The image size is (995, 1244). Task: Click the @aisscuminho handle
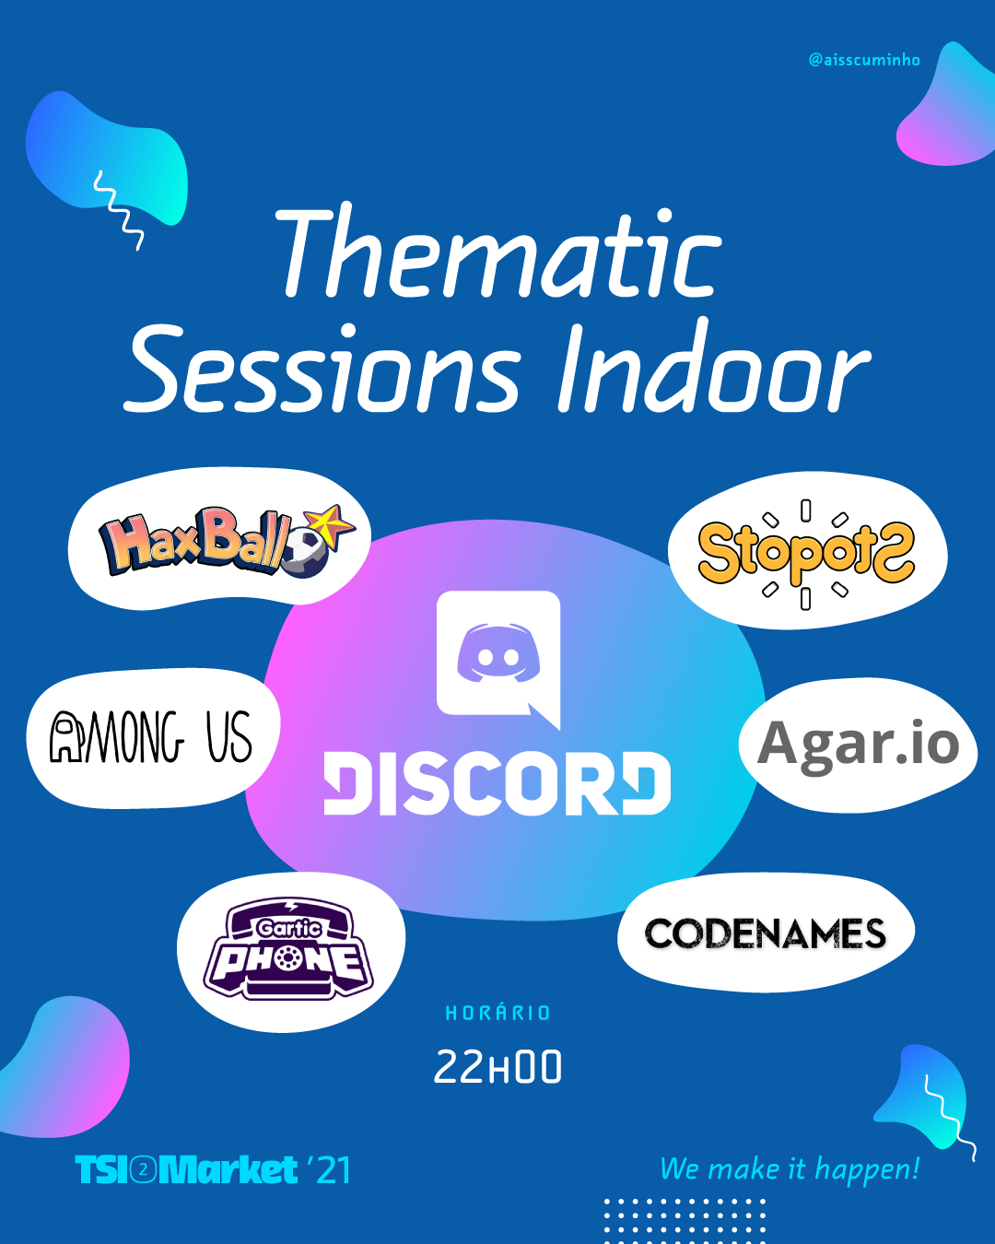(864, 60)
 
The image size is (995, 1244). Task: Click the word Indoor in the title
(715, 364)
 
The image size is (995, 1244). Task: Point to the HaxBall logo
(227, 541)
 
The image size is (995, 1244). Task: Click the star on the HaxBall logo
(331, 524)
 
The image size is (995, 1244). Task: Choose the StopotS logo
(806, 555)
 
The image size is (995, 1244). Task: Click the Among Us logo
(151, 736)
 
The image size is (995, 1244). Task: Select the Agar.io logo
(858, 745)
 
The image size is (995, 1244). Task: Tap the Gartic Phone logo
(288, 949)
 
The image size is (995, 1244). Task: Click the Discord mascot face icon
(498, 653)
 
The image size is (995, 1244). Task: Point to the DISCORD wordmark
(497, 783)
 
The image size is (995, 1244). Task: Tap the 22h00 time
(497, 1066)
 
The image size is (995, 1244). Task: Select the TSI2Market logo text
(186, 1170)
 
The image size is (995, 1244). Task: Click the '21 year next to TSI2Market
(329, 1170)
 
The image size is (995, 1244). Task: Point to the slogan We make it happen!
(790, 1169)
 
